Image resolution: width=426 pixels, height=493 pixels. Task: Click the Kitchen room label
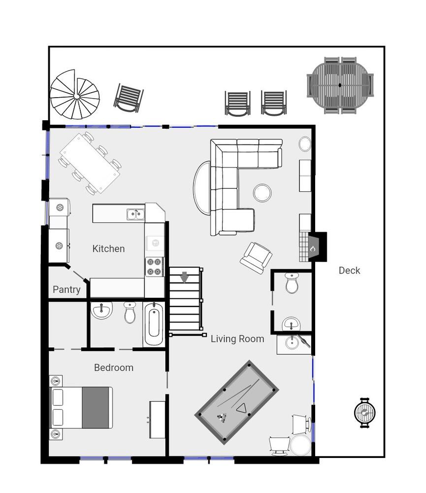(x=108, y=248)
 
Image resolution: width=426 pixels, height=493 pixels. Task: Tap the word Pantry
(x=66, y=289)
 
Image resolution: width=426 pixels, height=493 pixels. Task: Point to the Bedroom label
(x=114, y=368)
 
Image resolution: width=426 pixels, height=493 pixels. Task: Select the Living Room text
(x=237, y=339)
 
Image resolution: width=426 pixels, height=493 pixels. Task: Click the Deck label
(x=349, y=270)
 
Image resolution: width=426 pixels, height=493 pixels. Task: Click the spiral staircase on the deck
(x=75, y=95)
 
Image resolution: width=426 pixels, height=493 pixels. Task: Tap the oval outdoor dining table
(x=340, y=85)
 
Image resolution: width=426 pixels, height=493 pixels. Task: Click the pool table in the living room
(x=237, y=402)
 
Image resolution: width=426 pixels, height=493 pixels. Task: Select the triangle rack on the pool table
(x=241, y=408)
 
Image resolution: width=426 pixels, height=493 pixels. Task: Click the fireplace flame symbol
(x=313, y=248)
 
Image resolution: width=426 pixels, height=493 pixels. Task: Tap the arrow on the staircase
(x=184, y=277)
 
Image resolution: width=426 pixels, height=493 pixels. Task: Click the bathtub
(x=154, y=324)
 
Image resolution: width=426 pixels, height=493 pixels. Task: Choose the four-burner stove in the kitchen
(x=154, y=267)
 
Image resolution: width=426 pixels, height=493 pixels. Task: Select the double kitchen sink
(x=136, y=214)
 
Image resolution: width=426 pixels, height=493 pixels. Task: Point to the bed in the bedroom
(x=81, y=408)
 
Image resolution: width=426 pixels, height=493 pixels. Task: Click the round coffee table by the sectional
(x=262, y=193)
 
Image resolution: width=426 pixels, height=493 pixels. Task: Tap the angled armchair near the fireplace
(x=256, y=257)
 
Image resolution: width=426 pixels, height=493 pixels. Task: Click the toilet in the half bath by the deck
(x=292, y=282)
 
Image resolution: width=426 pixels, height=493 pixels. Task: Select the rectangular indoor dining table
(x=90, y=163)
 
